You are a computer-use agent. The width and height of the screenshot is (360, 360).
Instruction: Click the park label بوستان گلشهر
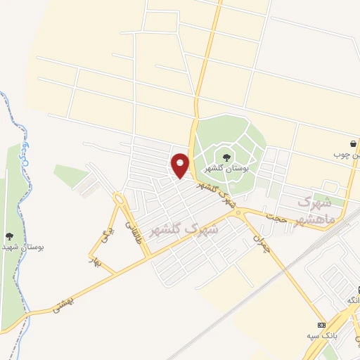pos(226,169)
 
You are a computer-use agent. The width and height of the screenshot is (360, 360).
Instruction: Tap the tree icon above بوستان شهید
pos(8,237)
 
